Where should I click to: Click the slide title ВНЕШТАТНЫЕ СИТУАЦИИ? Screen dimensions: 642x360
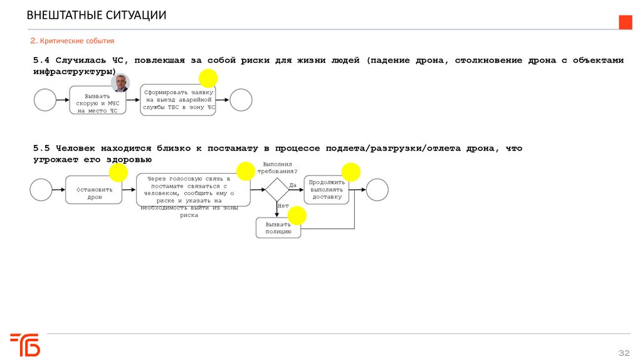point(97,15)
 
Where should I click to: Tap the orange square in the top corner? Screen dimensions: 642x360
point(626,23)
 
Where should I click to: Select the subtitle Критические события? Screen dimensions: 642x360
point(73,41)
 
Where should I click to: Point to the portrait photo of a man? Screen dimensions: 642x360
point(120,83)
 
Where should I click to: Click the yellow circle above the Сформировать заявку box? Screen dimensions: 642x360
point(208,78)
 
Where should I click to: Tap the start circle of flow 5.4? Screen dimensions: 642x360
point(45,100)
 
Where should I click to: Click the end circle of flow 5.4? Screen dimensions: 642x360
point(241,100)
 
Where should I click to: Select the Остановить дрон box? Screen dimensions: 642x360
point(93,190)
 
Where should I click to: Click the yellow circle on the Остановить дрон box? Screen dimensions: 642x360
point(117,172)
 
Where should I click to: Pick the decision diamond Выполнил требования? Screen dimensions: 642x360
point(276,189)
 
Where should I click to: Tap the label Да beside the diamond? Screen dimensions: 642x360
point(293,184)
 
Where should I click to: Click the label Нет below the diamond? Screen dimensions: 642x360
point(283,206)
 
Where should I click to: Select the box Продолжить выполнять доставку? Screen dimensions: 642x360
point(326,190)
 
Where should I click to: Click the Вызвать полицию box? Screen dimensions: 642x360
point(278,228)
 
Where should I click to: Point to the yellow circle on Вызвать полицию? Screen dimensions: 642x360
point(297,216)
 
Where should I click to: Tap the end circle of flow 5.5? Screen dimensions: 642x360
point(377,189)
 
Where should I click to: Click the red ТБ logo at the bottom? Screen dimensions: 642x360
point(25,344)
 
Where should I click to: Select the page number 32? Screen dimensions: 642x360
point(624,351)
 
